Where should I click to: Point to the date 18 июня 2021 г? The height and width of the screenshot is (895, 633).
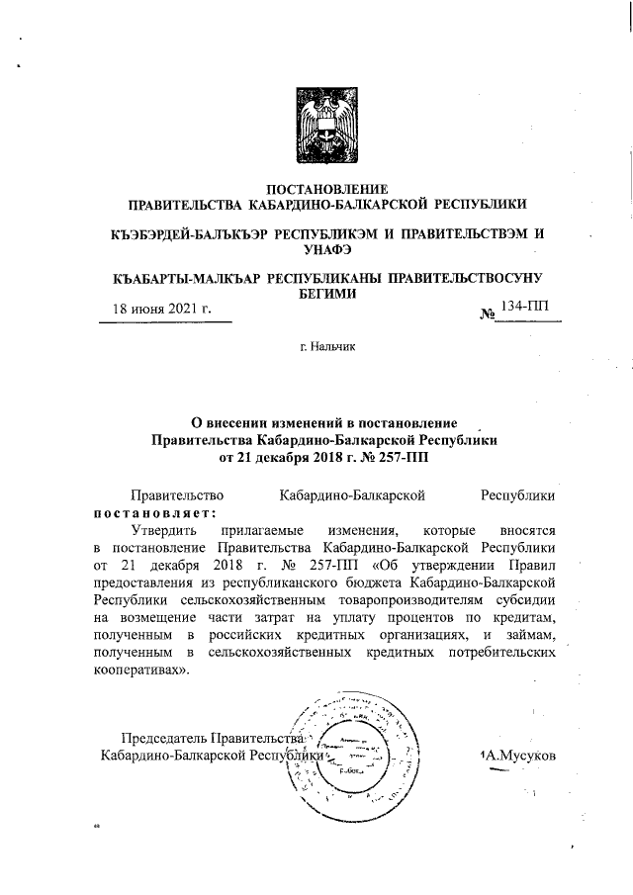(x=162, y=309)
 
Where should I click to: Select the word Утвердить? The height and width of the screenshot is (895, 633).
(x=164, y=530)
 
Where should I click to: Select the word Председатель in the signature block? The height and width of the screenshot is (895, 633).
(x=164, y=739)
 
